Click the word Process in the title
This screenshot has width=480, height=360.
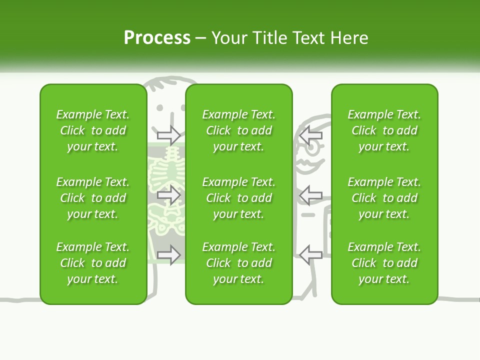pyautogui.click(x=157, y=38)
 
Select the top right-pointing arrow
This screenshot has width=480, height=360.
pyautogui.click(x=169, y=134)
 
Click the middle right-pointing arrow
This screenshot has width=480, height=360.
pyautogui.click(x=169, y=194)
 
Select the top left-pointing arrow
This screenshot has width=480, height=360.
pyautogui.click(x=310, y=134)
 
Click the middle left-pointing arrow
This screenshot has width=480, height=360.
pyautogui.click(x=310, y=194)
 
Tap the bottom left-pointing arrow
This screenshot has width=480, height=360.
pyautogui.click(x=310, y=254)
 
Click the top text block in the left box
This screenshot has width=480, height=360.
pyautogui.click(x=93, y=130)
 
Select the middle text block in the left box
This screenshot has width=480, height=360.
pyautogui.click(x=93, y=198)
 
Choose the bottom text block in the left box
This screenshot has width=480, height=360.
pyautogui.click(x=93, y=263)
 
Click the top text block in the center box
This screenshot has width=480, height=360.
pyautogui.click(x=239, y=130)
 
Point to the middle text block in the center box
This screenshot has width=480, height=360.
pyautogui.click(x=239, y=198)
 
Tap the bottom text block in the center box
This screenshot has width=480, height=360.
pyautogui.click(x=239, y=263)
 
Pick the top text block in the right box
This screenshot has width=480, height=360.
pyautogui.click(x=384, y=130)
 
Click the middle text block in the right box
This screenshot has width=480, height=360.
pyautogui.click(x=384, y=198)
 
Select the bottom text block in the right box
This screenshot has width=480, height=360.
pyautogui.click(x=384, y=263)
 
